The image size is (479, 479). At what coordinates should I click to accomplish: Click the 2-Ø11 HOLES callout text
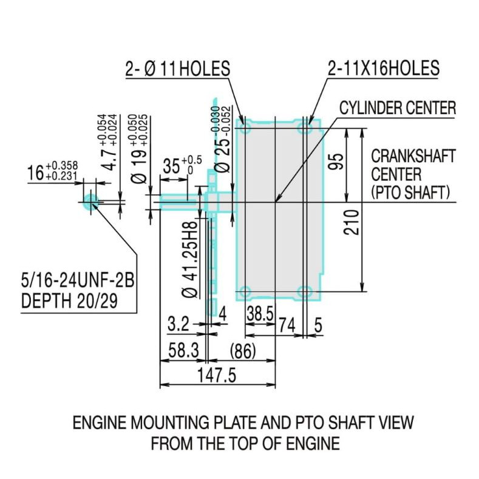click(x=177, y=69)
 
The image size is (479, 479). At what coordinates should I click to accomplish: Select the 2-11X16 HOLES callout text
click(x=383, y=69)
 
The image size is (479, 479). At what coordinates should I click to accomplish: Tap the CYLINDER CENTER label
click(x=397, y=108)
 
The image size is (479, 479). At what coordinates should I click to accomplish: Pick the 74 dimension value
click(x=287, y=325)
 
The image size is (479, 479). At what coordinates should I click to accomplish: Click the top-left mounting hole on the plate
click(x=245, y=129)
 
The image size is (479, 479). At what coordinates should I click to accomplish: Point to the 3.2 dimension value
click(x=178, y=325)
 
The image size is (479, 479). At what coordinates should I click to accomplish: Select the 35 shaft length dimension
click(x=172, y=166)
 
